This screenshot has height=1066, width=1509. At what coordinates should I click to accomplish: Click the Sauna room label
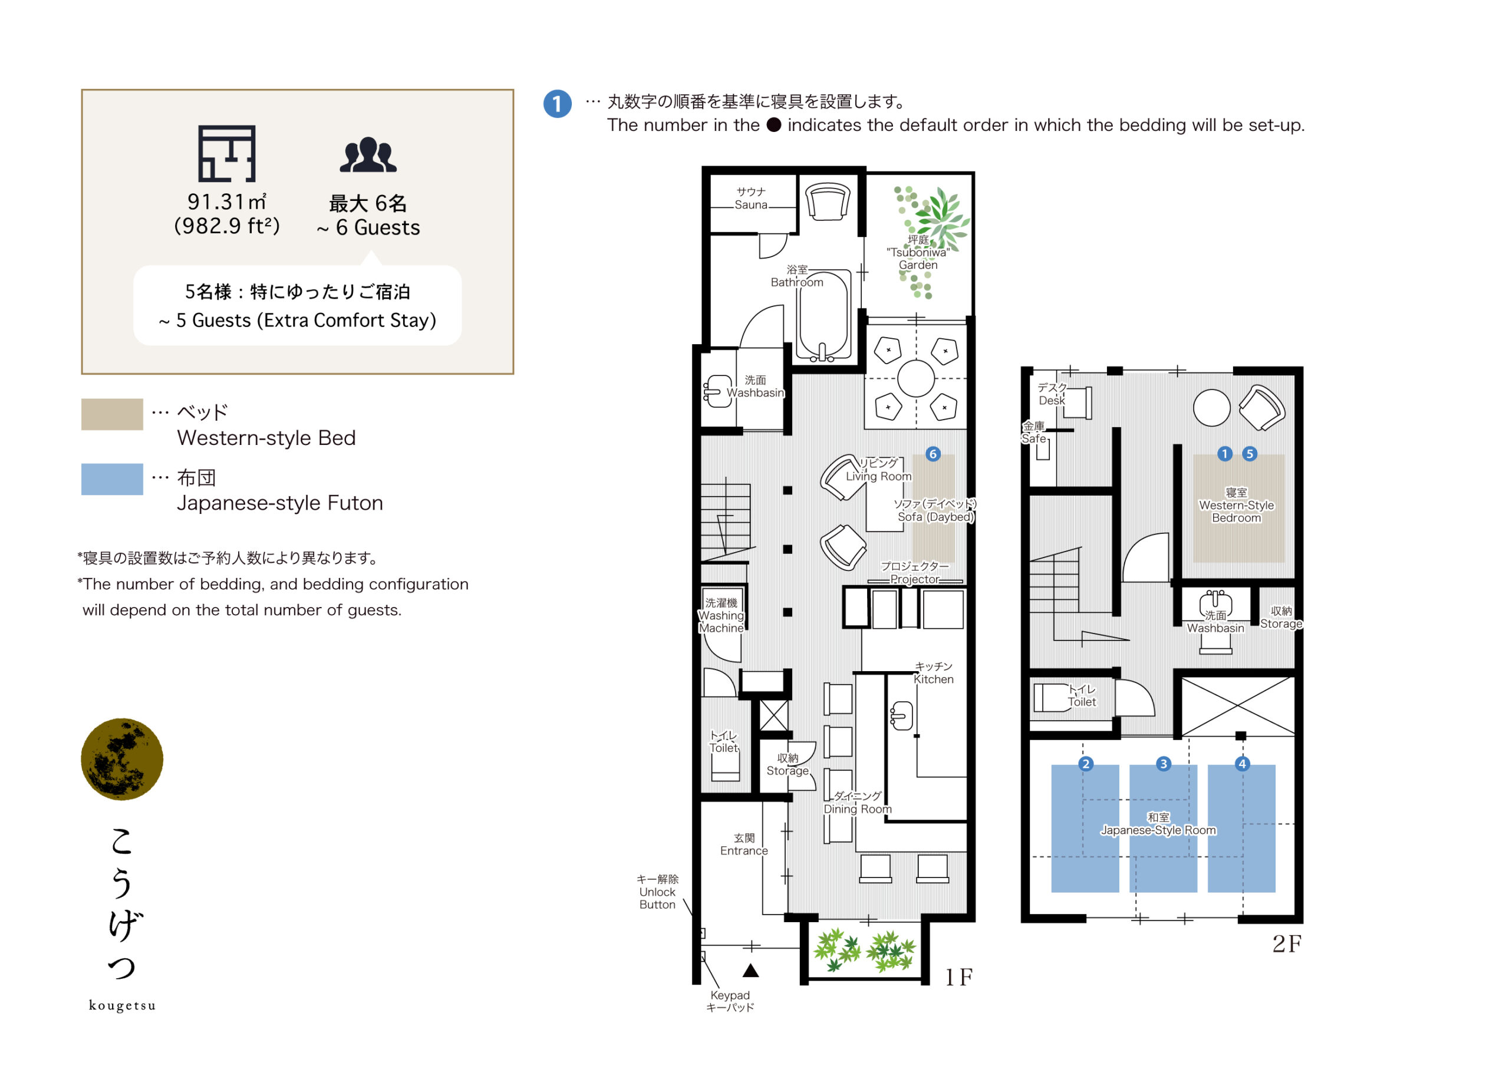[751, 198]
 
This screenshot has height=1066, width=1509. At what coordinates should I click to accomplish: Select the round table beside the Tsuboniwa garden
[915, 378]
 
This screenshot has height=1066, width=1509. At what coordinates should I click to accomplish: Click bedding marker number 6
[933, 454]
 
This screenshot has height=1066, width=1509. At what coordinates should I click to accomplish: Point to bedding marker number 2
[1086, 764]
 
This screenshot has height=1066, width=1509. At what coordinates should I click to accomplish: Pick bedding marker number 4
[1242, 764]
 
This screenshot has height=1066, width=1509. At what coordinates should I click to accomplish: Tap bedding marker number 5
[1250, 454]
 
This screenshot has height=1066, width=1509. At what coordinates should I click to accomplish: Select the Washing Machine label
[721, 615]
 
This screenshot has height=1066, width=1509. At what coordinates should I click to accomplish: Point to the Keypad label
[730, 1001]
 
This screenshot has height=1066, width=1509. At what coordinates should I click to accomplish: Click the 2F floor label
[1286, 944]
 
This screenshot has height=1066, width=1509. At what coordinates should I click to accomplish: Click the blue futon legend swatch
[113, 479]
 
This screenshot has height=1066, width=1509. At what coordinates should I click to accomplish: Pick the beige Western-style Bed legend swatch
[113, 414]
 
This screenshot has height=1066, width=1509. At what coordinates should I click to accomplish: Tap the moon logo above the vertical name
[122, 759]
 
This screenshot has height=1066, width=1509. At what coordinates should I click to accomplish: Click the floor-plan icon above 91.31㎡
[227, 154]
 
